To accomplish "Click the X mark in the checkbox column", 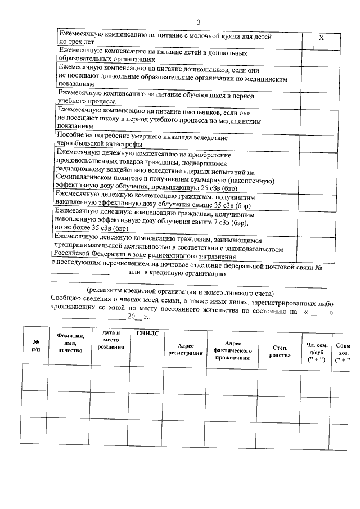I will [x=321, y=38].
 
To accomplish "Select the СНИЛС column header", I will [x=148, y=334].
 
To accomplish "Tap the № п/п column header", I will [x=35, y=345].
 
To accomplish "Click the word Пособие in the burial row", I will [x=71, y=137].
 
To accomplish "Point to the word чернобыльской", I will [x=81, y=144].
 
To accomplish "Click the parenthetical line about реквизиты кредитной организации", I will [x=180, y=293].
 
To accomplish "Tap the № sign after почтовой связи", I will [x=318, y=267].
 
